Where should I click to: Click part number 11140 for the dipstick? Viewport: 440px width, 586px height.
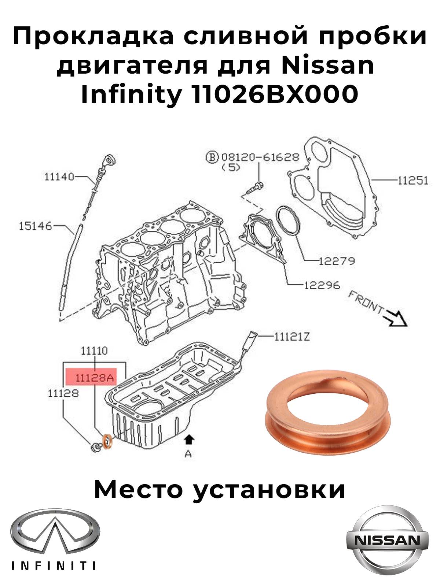(59, 177)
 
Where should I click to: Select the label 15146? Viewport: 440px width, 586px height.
(35, 226)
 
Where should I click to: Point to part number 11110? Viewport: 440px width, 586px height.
(94, 351)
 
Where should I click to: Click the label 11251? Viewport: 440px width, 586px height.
(412, 181)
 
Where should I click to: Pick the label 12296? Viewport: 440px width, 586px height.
(322, 285)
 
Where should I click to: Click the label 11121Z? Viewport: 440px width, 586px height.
(292, 336)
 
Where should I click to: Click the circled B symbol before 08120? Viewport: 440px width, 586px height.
(212, 157)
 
